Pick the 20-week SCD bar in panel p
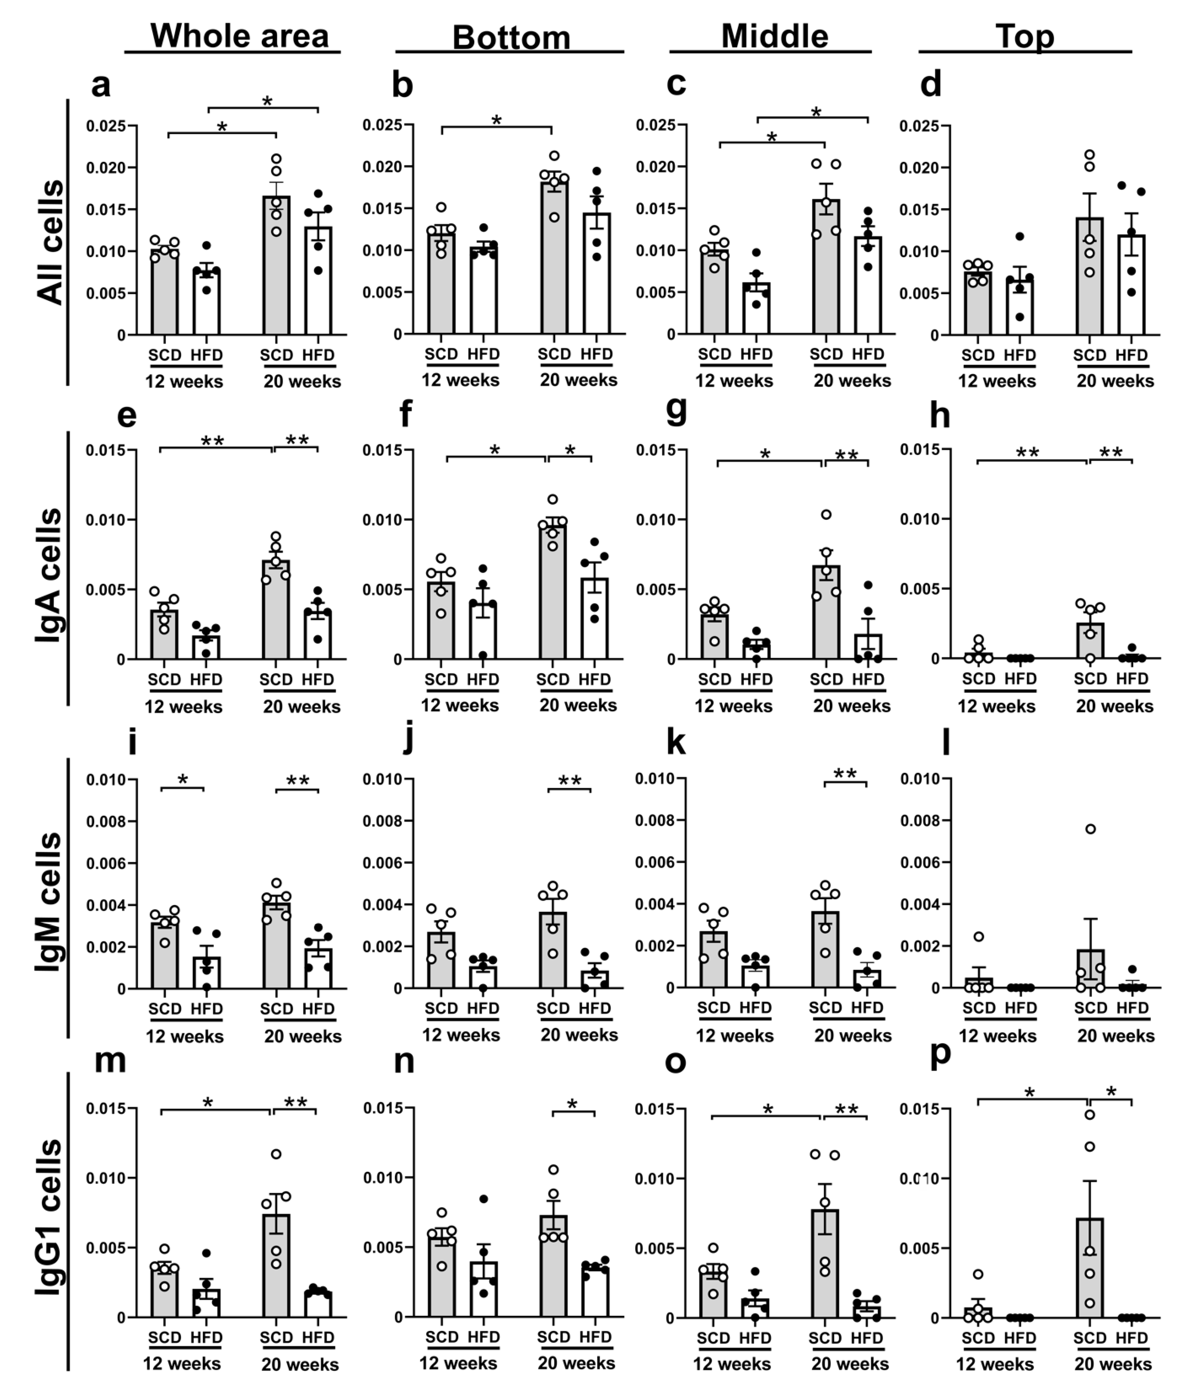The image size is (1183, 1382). click(x=1090, y=1267)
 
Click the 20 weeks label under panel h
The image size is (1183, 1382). click(x=1114, y=706)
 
